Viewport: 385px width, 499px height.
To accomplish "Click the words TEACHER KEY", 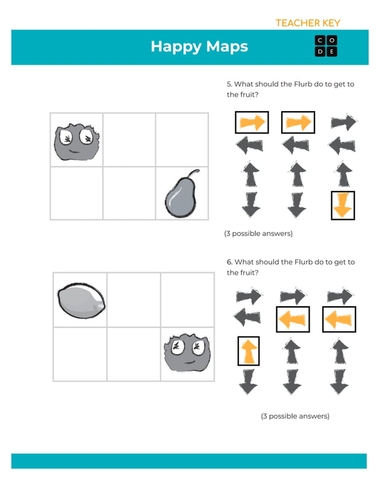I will pyautogui.click(x=308, y=23).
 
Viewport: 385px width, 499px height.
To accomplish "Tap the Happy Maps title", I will pyautogui.click(x=199, y=47).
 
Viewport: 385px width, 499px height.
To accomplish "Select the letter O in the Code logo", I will pyautogui.click(x=332, y=40).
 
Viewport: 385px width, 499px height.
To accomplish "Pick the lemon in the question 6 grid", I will pyautogui.click(x=81, y=300).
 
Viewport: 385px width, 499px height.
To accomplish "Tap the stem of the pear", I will pyautogui.click(x=192, y=175).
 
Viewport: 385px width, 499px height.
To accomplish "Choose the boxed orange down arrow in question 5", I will pyautogui.click(x=343, y=205).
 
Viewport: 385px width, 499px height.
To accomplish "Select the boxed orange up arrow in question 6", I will pyautogui.click(x=248, y=351).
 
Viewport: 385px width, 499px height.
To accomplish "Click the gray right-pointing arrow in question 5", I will pyautogui.click(x=343, y=123).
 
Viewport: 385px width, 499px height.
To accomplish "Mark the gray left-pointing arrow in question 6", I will pyautogui.click(x=248, y=318).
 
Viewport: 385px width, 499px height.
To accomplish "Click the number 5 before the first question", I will pyautogui.click(x=229, y=85).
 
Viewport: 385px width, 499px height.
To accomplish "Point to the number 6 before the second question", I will pyautogui.click(x=229, y=262).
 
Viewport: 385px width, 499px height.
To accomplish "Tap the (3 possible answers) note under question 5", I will pyautogui.click(x=258, y=234).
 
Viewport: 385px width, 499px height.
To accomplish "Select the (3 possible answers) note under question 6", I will pyautogui.click(x=295, y=416).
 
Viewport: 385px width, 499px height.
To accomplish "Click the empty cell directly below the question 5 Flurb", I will pyautogui.click(x=76, y=193).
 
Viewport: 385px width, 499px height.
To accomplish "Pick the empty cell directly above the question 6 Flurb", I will pyautogui.click(x=187, y=300).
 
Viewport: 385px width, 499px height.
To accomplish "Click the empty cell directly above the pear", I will pyautogui.click(x=182, y=140).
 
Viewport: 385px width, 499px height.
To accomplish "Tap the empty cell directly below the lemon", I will pyautogui.click(x=80, y=354).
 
